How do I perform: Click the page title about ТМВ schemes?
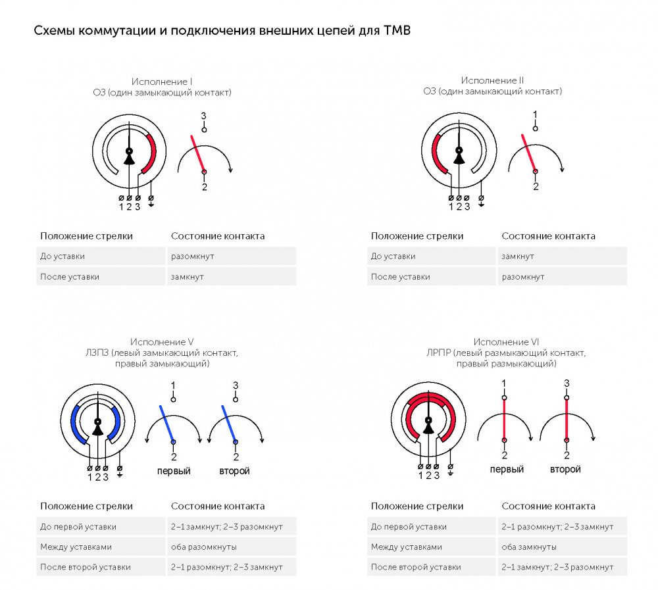point(222,31)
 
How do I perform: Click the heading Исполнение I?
point(162,82)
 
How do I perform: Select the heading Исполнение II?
point(492,80)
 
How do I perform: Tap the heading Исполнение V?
point(162,342)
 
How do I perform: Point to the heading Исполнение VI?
point(506,342)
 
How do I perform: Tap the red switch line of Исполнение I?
point(197,154)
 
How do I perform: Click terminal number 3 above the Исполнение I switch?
point(203,116)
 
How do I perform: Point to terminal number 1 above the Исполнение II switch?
point(535,114)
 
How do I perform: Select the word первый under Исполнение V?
point(174,471)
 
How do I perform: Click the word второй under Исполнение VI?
point(565,469)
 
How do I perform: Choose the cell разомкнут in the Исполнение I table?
point(193,257)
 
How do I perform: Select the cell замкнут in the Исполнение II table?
point(518,257)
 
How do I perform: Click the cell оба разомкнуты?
point(203,547)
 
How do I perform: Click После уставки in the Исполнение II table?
point(400,277)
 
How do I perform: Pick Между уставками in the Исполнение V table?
point(76,547)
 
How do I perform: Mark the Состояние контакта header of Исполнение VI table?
point(549,506)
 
